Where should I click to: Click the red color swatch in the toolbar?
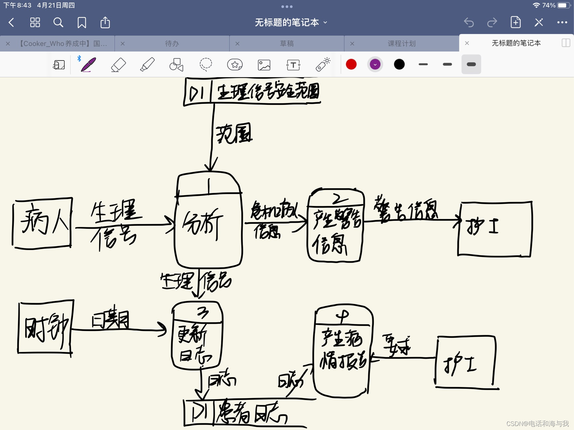pos(351,64)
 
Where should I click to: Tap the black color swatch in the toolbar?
pos(399,64)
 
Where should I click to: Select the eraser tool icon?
pos(118,64)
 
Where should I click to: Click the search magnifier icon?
pos(58,23)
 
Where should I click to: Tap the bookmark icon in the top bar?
pos(82,23)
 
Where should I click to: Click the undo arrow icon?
pos(469,23)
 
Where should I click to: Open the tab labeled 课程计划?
pos(401,43)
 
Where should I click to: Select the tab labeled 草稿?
pos(286,43)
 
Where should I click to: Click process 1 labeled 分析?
pos(208,222)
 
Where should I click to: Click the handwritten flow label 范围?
pos(234,134)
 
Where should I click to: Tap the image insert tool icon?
pos(264,64)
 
